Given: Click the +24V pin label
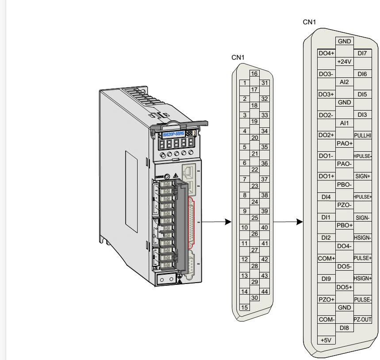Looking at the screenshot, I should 344,61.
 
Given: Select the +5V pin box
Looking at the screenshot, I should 327,340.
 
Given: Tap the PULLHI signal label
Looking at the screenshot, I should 363,135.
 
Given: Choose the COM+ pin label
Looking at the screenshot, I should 327,258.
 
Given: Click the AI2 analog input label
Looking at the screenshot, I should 344,82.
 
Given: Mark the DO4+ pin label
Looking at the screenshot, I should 327,54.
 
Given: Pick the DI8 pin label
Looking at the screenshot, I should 344,328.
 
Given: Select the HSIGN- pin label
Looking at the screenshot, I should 363,237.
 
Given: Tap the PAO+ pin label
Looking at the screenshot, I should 344,143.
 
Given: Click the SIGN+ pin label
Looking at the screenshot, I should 363,176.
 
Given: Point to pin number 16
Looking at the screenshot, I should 254,74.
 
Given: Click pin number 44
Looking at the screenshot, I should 265,291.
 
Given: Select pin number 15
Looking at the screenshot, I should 243,307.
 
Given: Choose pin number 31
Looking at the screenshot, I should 265,83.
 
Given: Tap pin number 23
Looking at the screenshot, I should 254,186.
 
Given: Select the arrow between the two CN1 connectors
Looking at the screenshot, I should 288,222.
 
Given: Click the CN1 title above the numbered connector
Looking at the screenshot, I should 238,57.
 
